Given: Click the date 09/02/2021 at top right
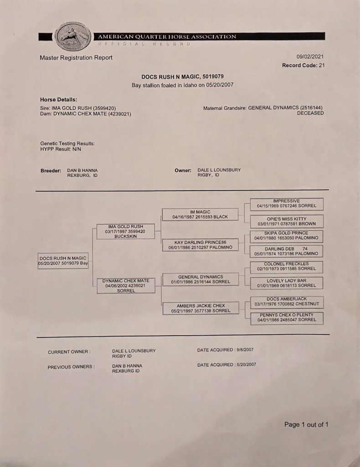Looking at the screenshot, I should click(310, 57).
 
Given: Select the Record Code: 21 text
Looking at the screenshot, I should click(303, 65).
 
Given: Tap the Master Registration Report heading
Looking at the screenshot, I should click(76, 57).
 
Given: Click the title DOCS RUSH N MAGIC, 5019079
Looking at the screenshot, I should click(182, 77).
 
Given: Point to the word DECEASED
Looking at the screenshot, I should click(310, 113).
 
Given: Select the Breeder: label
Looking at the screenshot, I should click(51, 171).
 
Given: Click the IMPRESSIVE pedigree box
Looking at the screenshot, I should click(286, 203).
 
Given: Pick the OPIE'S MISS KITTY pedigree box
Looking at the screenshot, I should click(286, 221).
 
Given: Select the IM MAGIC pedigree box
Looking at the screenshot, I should click(200, 214).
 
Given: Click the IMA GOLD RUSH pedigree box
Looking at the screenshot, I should click(125, 231).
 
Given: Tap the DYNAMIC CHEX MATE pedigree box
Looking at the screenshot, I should click(125, 285).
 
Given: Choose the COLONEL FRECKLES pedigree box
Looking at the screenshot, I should click(286, 266).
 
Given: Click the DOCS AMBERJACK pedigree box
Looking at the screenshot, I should click(287, 301).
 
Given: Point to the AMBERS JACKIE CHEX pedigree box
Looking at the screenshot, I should click(201, 308).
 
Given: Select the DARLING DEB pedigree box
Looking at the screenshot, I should click(287, 251).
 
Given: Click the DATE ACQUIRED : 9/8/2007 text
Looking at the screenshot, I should click(225, 350).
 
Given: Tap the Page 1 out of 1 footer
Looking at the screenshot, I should click(306, 425).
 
